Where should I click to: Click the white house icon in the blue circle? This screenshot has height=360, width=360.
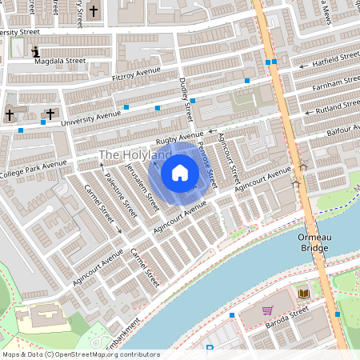[180, 172]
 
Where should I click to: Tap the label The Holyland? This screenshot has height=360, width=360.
[134, 154]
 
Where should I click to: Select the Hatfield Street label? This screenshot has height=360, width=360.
[335, 59]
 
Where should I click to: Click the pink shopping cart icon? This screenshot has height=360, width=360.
[267, 310]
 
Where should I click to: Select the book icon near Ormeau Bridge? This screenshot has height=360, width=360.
[303, 294]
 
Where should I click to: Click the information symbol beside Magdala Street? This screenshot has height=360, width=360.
[35, 53]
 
